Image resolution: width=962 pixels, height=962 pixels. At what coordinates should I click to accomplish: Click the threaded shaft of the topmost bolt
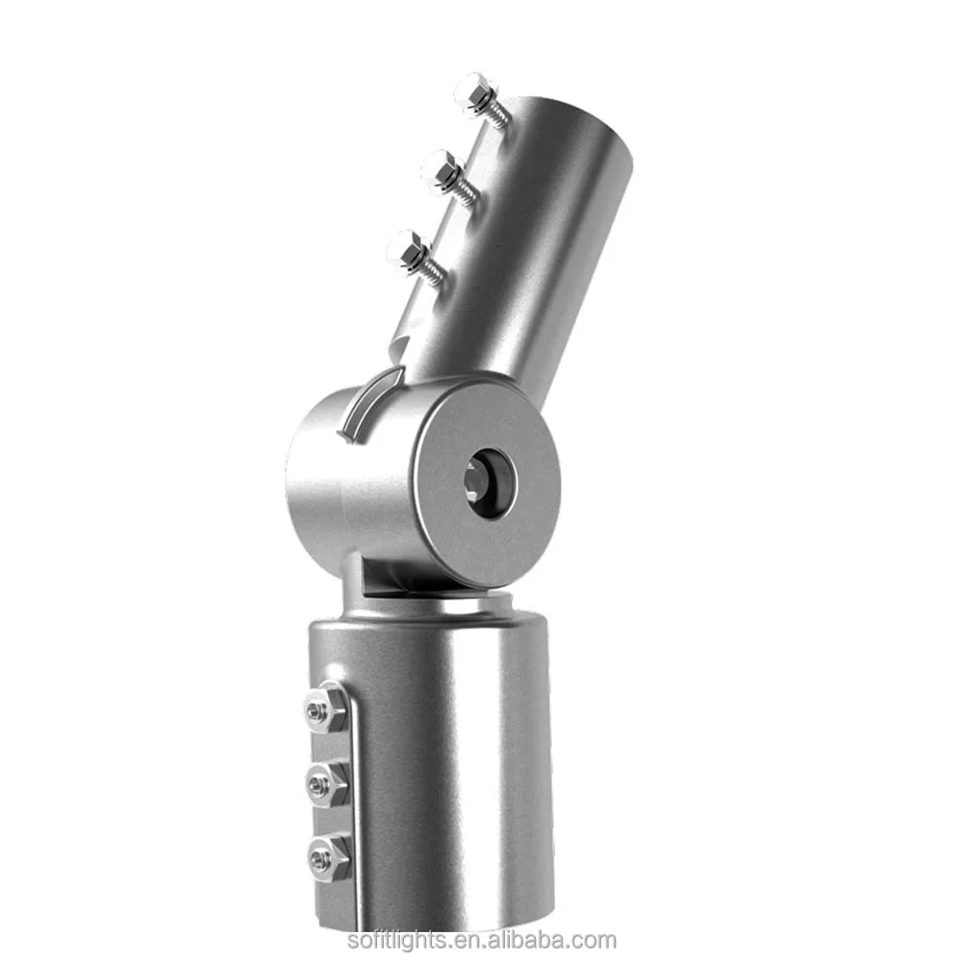click(497, 112)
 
